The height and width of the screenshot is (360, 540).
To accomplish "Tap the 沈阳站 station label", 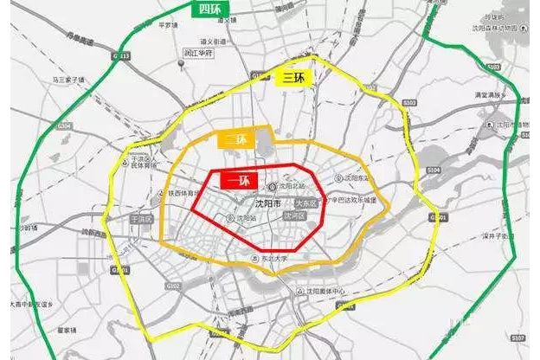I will (x=245, y=219).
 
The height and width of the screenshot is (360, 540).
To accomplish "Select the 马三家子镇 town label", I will (x=74, y=80).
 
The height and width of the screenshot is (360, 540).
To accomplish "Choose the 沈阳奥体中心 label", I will (x=328, y=291).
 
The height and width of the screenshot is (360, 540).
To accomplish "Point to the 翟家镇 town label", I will (x=68, y=330).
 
